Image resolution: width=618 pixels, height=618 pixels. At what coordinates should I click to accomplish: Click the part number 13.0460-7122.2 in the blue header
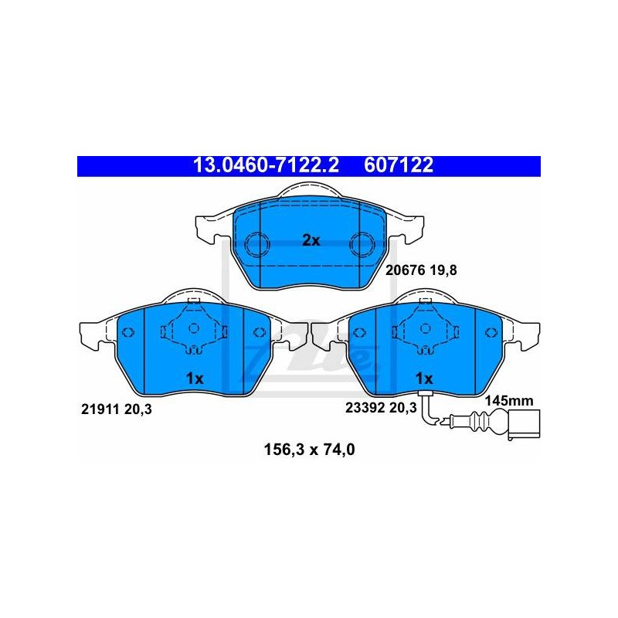266,165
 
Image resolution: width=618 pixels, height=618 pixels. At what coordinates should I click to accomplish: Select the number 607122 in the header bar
399,165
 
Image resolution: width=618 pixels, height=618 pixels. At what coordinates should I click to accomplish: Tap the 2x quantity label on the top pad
311,240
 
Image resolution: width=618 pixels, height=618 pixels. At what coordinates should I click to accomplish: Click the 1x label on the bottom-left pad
195,379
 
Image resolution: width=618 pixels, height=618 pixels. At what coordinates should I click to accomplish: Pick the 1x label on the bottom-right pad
424,379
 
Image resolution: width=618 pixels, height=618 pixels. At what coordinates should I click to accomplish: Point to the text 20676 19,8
421,270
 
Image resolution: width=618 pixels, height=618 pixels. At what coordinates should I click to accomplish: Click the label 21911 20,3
117,409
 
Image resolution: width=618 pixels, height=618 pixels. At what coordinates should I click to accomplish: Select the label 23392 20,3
381,408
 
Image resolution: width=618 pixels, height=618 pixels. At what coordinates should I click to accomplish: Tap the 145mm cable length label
509,401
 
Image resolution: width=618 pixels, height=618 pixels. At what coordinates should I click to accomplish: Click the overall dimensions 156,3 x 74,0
310,450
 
